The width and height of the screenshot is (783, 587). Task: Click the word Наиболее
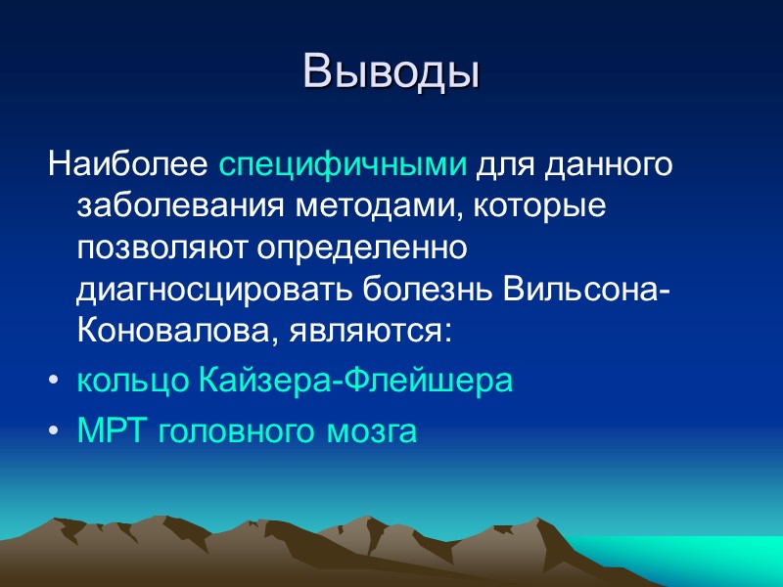[129, 165]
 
